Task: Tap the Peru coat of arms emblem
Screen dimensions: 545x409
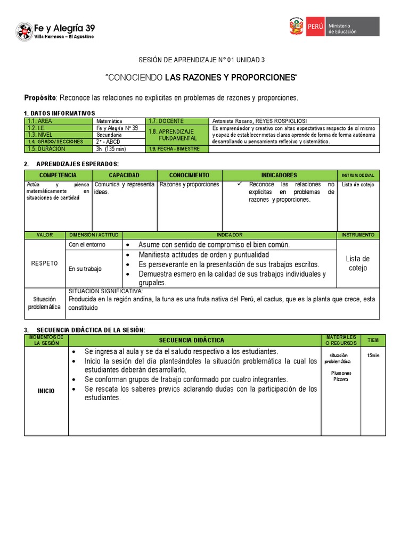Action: click(x=296, y=27)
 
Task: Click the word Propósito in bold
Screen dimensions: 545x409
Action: click(x=40, y=98)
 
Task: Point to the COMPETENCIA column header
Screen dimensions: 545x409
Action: click(x=58, y=175)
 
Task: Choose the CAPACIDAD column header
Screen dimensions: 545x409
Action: click(x=124, y=175)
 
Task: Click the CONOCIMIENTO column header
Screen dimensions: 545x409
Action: click(x=189, y=175)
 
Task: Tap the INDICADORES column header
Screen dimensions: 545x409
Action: click(x=279, y=175)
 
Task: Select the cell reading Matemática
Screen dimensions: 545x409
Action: click(x=110, y=121)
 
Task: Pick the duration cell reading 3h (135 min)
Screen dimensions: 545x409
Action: click(x=111, y=148)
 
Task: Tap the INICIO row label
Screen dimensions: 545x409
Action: click(x=46, y=391)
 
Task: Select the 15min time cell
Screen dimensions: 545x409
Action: click(x=373, y=355)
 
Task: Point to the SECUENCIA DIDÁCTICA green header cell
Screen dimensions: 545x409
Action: click(x=192, y=340)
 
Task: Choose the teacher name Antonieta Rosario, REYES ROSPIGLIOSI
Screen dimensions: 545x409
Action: click(x=259, y=121)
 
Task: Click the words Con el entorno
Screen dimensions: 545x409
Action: click(x=87, y=245)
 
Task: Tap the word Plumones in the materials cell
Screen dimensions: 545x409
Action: click(x=341, y=373)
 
